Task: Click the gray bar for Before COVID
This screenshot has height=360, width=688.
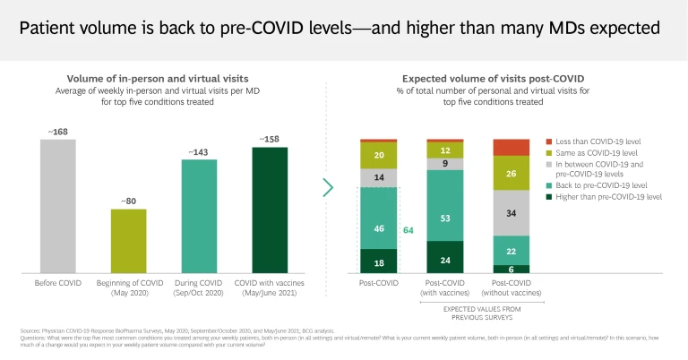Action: (x=58, y=206)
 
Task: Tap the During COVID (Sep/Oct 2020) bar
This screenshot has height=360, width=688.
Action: (x=200, y=216)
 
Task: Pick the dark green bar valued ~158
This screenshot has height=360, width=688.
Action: (x=270, y=210)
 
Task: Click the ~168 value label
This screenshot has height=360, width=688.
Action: (x=58, y=133)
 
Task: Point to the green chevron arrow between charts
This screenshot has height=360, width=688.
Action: (x=328, y=187)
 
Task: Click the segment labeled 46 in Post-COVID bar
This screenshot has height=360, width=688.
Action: (x=378, y=229)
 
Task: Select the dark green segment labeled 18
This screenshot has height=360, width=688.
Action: (x=378, y=261)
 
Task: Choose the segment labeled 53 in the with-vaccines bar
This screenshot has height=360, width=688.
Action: (x=444, y=218)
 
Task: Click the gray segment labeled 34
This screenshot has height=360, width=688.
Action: (x=511, y=213)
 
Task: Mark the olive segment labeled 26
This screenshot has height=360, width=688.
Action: (x=511, y=173)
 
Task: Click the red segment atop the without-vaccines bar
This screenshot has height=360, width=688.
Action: (x=511, y=148)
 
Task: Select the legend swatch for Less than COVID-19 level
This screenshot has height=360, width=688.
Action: (x=548, y=142)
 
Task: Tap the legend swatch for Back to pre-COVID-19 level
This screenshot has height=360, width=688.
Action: (x=548, y=184)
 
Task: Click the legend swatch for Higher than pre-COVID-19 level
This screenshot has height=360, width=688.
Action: (x=548, y=196)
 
